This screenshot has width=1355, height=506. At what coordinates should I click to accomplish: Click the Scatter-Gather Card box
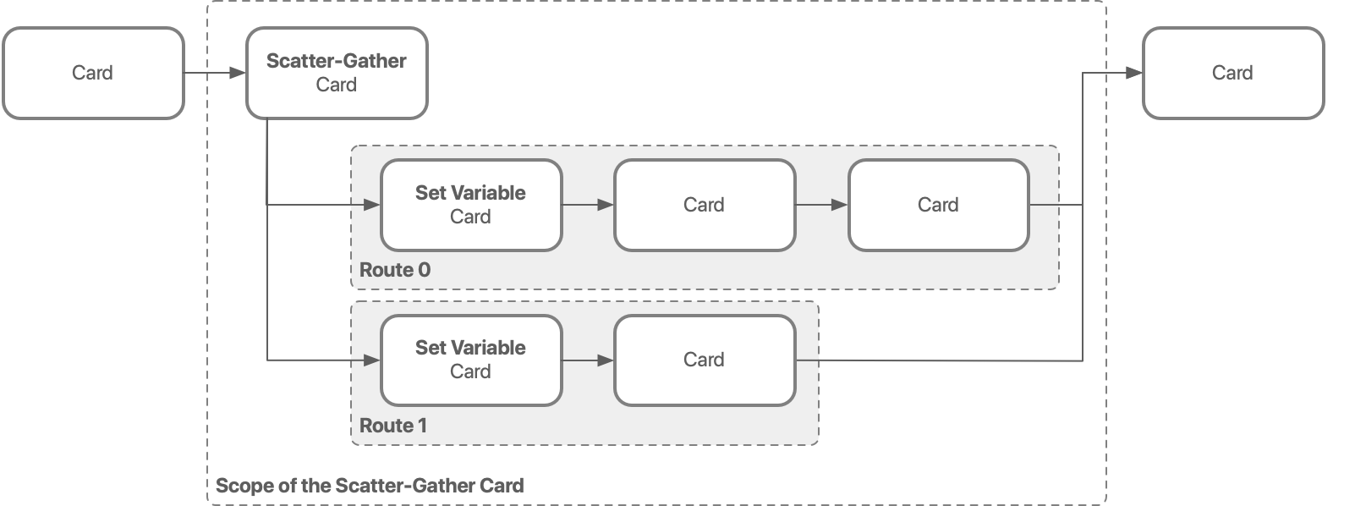click(x=337, y=74)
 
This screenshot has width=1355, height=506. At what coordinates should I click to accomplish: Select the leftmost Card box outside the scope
click(x=93, y=74)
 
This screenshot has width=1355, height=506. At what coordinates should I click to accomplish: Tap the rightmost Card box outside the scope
click(x=1232, y=74)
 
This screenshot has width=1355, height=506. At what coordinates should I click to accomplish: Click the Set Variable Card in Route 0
click(x=471, y=205)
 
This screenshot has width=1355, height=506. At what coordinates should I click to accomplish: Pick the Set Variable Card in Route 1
click(x=471, y=360)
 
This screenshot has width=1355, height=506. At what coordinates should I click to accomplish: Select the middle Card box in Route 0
click(x=704, y=205)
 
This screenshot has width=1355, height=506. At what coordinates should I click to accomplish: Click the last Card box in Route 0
click(x=938, y=205)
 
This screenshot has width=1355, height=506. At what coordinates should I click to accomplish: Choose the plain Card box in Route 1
click(x=704, y=360)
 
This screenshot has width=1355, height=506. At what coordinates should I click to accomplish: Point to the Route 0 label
click(x=395, y=270)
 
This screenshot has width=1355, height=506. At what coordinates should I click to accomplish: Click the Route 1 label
click(x=393, y=426)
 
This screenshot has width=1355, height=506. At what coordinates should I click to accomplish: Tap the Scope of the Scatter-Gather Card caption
click(x=370, y=486)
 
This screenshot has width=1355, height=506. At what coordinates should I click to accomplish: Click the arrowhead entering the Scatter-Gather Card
click(x=238, y=74)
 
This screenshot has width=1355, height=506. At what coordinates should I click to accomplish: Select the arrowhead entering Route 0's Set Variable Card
click(x=372, y=205)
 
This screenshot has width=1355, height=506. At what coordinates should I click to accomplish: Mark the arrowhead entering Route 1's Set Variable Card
click(x=372, y=360)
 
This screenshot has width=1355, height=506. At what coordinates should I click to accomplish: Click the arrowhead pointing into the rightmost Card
click(x=1134, y=74)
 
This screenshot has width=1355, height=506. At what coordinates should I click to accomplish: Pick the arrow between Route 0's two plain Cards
click(x=821, y=205)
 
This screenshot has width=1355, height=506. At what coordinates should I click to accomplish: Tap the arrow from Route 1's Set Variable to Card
click(x=588, y=360)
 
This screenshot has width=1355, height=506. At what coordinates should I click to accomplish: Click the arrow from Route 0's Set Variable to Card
click(x=588, y=205)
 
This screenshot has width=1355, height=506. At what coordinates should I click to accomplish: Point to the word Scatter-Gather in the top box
click(x=337, y=61)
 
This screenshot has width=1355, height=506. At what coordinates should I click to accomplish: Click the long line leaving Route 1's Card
click(x=939, y=361)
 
